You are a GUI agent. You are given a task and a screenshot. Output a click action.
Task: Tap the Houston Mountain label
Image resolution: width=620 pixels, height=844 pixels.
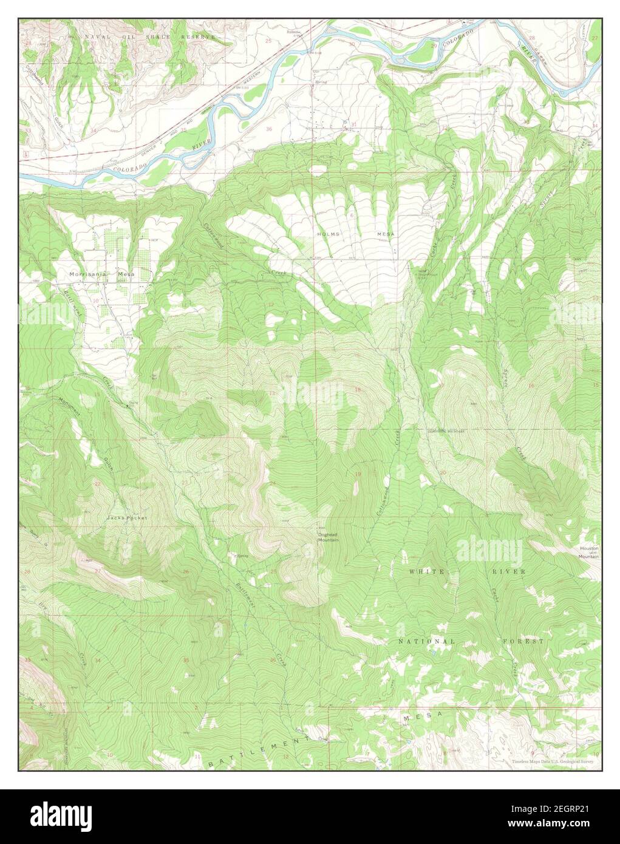(588, 552)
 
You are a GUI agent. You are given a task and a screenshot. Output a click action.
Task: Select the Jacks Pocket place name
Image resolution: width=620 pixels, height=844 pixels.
(127, 518)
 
